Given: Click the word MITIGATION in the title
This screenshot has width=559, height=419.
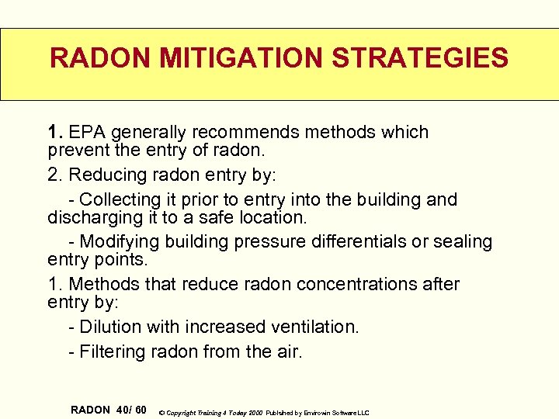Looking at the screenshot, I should coord(220,58).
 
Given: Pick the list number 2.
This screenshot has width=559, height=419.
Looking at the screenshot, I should coord(54,175).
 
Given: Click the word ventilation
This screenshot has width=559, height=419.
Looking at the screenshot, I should coord(314,327).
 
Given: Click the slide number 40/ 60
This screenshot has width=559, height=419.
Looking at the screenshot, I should coord(130,410).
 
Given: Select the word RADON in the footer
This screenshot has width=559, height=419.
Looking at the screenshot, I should coord(90,410).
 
